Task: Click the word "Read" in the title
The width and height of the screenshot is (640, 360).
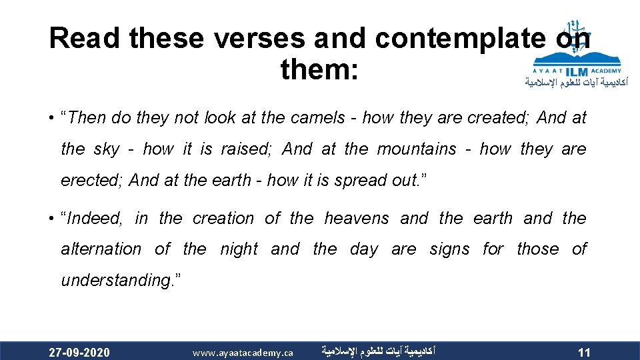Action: coord(85,39)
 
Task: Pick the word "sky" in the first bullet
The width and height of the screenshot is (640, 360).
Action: coord(107,149)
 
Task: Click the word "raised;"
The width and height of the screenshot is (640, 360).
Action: coord(247,149)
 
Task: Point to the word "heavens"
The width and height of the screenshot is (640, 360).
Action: coord(357,218)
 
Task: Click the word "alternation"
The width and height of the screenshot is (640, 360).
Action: coord(101,249)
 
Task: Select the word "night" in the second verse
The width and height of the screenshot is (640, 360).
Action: coord(239,249)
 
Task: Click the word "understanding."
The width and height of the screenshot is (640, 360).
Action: coord(117,280)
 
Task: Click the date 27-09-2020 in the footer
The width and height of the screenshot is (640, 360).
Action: coord(79,352)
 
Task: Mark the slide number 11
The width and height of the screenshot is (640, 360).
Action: coord(584,352)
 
